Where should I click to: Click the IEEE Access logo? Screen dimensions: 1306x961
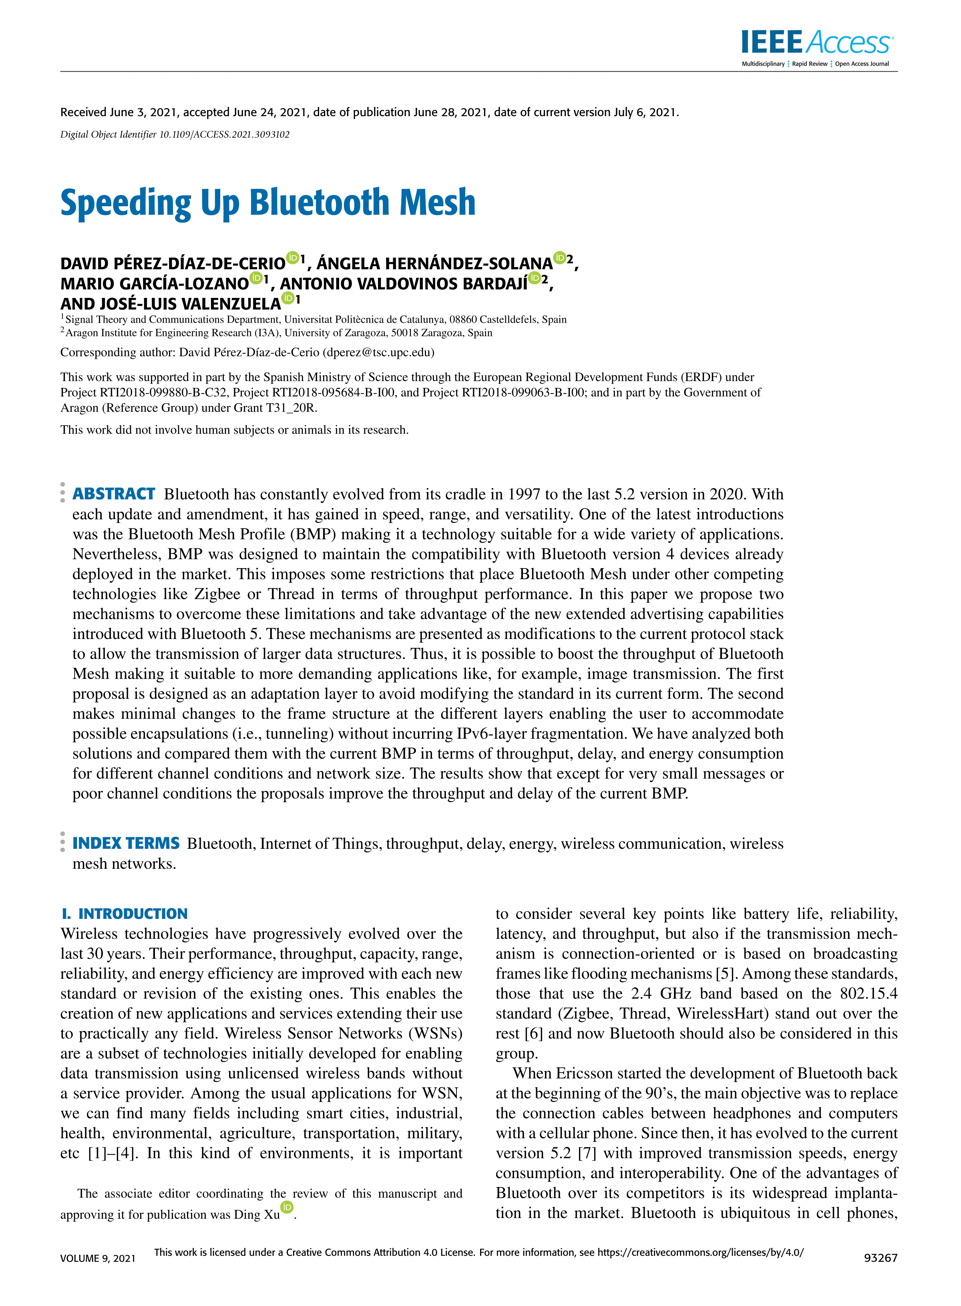point(817,46)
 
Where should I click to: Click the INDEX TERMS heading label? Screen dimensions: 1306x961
point(126,843)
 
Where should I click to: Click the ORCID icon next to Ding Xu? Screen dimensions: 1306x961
point(287,1207)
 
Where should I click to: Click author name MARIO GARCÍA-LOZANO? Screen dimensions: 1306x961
point(154,284)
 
